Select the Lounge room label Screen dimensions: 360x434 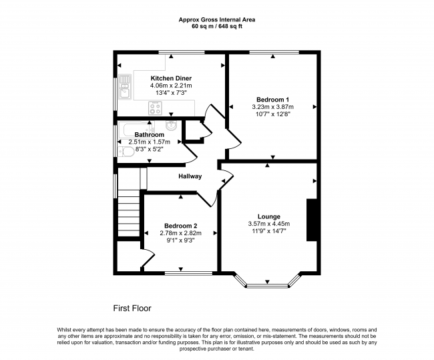click(268, 216)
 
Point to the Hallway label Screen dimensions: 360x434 click(190, 176)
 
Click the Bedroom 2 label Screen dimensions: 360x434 click(179, 225)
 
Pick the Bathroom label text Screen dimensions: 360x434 click(149, 134)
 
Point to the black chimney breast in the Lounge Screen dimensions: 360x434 click(310, 220)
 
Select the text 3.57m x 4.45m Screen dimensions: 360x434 click(269, 224)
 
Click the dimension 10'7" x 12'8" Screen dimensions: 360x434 click(272, 114)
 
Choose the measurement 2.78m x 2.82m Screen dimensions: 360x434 click(179, 233)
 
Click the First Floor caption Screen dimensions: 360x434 click(132, 309)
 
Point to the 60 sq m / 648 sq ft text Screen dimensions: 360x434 click(217, 27)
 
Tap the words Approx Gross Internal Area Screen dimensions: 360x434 click(217, 20)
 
